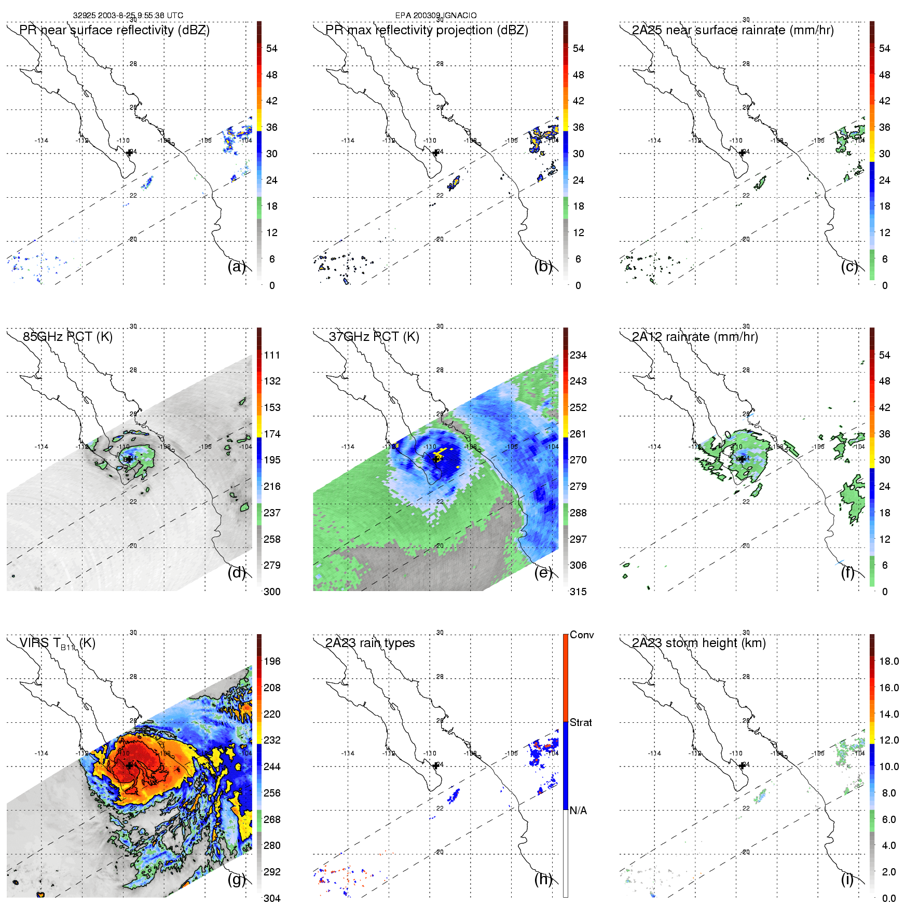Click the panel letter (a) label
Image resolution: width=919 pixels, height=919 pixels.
pos(236,267)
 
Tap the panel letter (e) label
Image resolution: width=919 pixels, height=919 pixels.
pos(543,573)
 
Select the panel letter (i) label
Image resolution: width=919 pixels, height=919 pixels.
pos(847,879)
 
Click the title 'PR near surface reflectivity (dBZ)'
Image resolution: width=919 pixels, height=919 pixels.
pos(114,30)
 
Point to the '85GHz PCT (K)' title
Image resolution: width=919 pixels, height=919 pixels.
pos(67,337)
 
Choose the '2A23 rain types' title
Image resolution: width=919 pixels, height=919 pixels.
pos(370,643)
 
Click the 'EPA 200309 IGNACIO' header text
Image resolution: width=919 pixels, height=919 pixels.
pos(436,16)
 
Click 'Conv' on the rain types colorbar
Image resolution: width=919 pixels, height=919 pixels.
pos(582,635)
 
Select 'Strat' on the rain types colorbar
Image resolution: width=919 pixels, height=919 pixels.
pos(581,722)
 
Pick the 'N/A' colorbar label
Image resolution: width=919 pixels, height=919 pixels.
pos(578,811)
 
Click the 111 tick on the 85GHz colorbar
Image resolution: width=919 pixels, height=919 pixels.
pos(272,355)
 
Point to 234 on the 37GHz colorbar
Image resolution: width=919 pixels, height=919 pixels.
pos(578,355)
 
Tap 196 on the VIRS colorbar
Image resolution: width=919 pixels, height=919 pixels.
pos(272,661)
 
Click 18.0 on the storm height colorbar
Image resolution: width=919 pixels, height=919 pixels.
pos(888,661)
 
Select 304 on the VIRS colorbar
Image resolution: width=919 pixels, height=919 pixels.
pos(272,898)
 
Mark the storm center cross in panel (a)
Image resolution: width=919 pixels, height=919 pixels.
pos(130,153)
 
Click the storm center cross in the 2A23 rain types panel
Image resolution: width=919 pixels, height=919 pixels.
pos(436,765)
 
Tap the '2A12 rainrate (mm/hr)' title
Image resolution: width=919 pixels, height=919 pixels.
pos(695,337)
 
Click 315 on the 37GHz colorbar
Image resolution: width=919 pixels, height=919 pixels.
pos(578,592)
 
